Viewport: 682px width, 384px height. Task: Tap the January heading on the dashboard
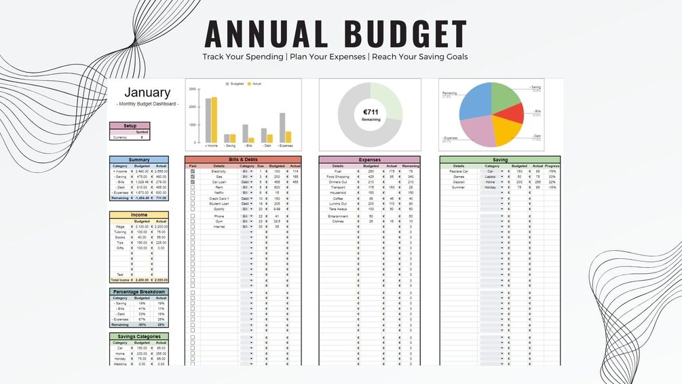coord(147,92)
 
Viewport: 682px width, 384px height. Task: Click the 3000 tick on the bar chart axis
coord(192,89)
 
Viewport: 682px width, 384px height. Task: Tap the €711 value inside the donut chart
coord(370,112)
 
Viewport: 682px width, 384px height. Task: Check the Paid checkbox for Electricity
coord(193,171)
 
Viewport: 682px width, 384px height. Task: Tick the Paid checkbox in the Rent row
coord(193,188)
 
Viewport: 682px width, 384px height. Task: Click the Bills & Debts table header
coord(243,160)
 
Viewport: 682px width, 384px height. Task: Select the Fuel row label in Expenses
coord(337,171)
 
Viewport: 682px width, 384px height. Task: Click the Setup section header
coord(130,126)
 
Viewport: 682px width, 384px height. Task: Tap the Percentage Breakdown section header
coord(139,292)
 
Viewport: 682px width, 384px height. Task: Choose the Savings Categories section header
coord(139,336)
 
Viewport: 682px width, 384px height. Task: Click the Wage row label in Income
coord(119,226)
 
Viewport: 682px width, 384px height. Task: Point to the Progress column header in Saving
coord(552,166)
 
